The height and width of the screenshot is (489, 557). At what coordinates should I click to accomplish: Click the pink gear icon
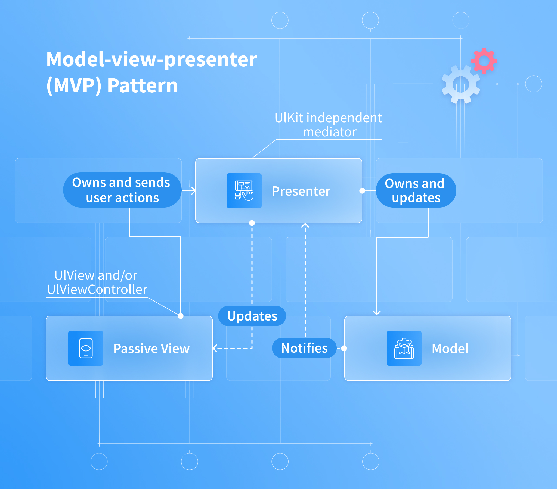coord(484,61)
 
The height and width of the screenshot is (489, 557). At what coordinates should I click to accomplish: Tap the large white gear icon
coord(460,85)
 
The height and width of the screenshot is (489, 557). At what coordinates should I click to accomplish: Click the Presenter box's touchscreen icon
coord(244,191)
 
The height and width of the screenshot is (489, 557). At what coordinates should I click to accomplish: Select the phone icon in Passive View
coord(86,348)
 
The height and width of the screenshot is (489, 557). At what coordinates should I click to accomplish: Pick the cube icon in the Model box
coord(404,348)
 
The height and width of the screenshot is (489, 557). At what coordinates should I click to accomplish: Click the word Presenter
coord(301,191)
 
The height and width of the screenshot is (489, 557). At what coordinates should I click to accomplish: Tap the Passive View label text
coord(151,349)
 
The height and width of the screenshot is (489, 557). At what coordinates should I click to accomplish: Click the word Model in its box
coord(450,349)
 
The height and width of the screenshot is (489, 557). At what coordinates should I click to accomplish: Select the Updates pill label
coord(252,316)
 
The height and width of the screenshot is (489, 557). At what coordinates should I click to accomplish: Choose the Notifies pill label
coord(304,348)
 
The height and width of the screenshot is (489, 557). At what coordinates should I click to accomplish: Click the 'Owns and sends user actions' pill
coord(122,190)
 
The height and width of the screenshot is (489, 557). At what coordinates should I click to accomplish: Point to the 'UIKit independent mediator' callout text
coord(328,125)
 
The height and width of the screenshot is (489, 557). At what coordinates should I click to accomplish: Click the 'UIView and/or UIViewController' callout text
coord(97,282)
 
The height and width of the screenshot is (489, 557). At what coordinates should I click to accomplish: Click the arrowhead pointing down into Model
coord(377,313)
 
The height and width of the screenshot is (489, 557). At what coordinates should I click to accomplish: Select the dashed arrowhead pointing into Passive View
coord(215,348)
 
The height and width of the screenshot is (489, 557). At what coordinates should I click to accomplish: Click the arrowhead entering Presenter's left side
coord(193,191)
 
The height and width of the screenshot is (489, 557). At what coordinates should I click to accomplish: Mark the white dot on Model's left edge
coord(344,348)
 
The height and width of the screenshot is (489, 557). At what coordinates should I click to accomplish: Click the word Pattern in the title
coord(142,86)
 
